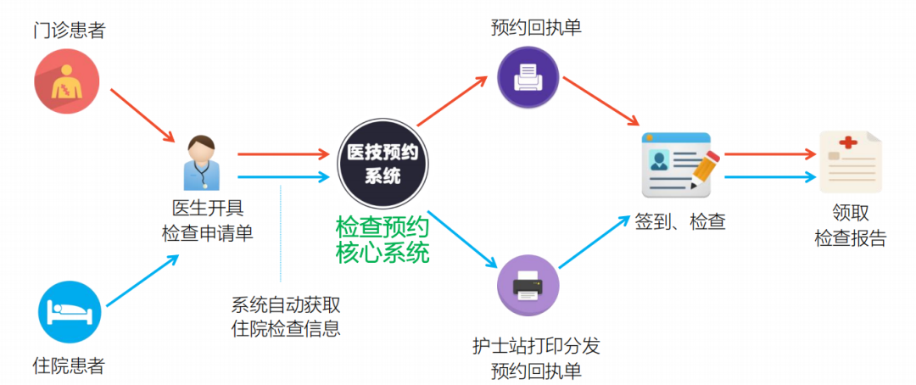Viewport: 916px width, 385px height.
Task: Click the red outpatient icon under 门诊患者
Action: pos(66,83)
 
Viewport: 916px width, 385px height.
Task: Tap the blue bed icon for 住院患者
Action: pos(70,312)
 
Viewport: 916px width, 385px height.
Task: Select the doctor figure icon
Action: pos(201,162)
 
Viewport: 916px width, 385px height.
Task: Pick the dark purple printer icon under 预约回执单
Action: pos(528,78)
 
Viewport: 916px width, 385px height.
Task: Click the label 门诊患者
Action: pos(70,31)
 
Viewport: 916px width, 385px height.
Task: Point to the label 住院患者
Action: pos(70,366)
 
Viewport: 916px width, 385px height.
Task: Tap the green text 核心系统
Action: pos(383,253)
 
